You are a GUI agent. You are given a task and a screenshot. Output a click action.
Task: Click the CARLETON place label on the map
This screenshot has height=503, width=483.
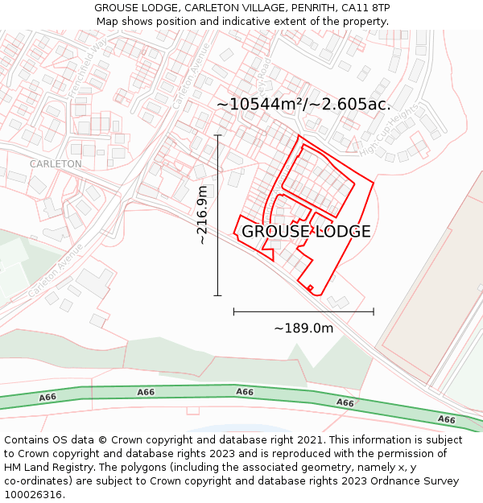point(56,163)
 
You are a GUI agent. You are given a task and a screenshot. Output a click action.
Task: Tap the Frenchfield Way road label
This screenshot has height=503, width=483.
point(88,68)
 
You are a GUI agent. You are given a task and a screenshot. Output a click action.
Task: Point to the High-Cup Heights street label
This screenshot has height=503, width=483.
point(389,130)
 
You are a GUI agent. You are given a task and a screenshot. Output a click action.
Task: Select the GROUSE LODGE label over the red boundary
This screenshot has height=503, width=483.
point(306,232)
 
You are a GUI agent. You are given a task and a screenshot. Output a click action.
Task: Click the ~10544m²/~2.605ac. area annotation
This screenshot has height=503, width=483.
point(303,104)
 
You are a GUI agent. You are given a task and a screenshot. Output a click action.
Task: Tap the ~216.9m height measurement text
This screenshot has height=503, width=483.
point(203,215)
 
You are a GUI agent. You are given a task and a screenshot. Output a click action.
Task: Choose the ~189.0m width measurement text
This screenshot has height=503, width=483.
point(303,328)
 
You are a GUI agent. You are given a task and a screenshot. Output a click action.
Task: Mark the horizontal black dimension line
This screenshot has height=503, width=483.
point(303,311)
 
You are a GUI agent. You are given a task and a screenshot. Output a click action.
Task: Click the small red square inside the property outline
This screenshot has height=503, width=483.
point(310,287)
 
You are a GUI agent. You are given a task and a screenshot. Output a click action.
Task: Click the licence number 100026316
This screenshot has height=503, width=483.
point(32,495)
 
